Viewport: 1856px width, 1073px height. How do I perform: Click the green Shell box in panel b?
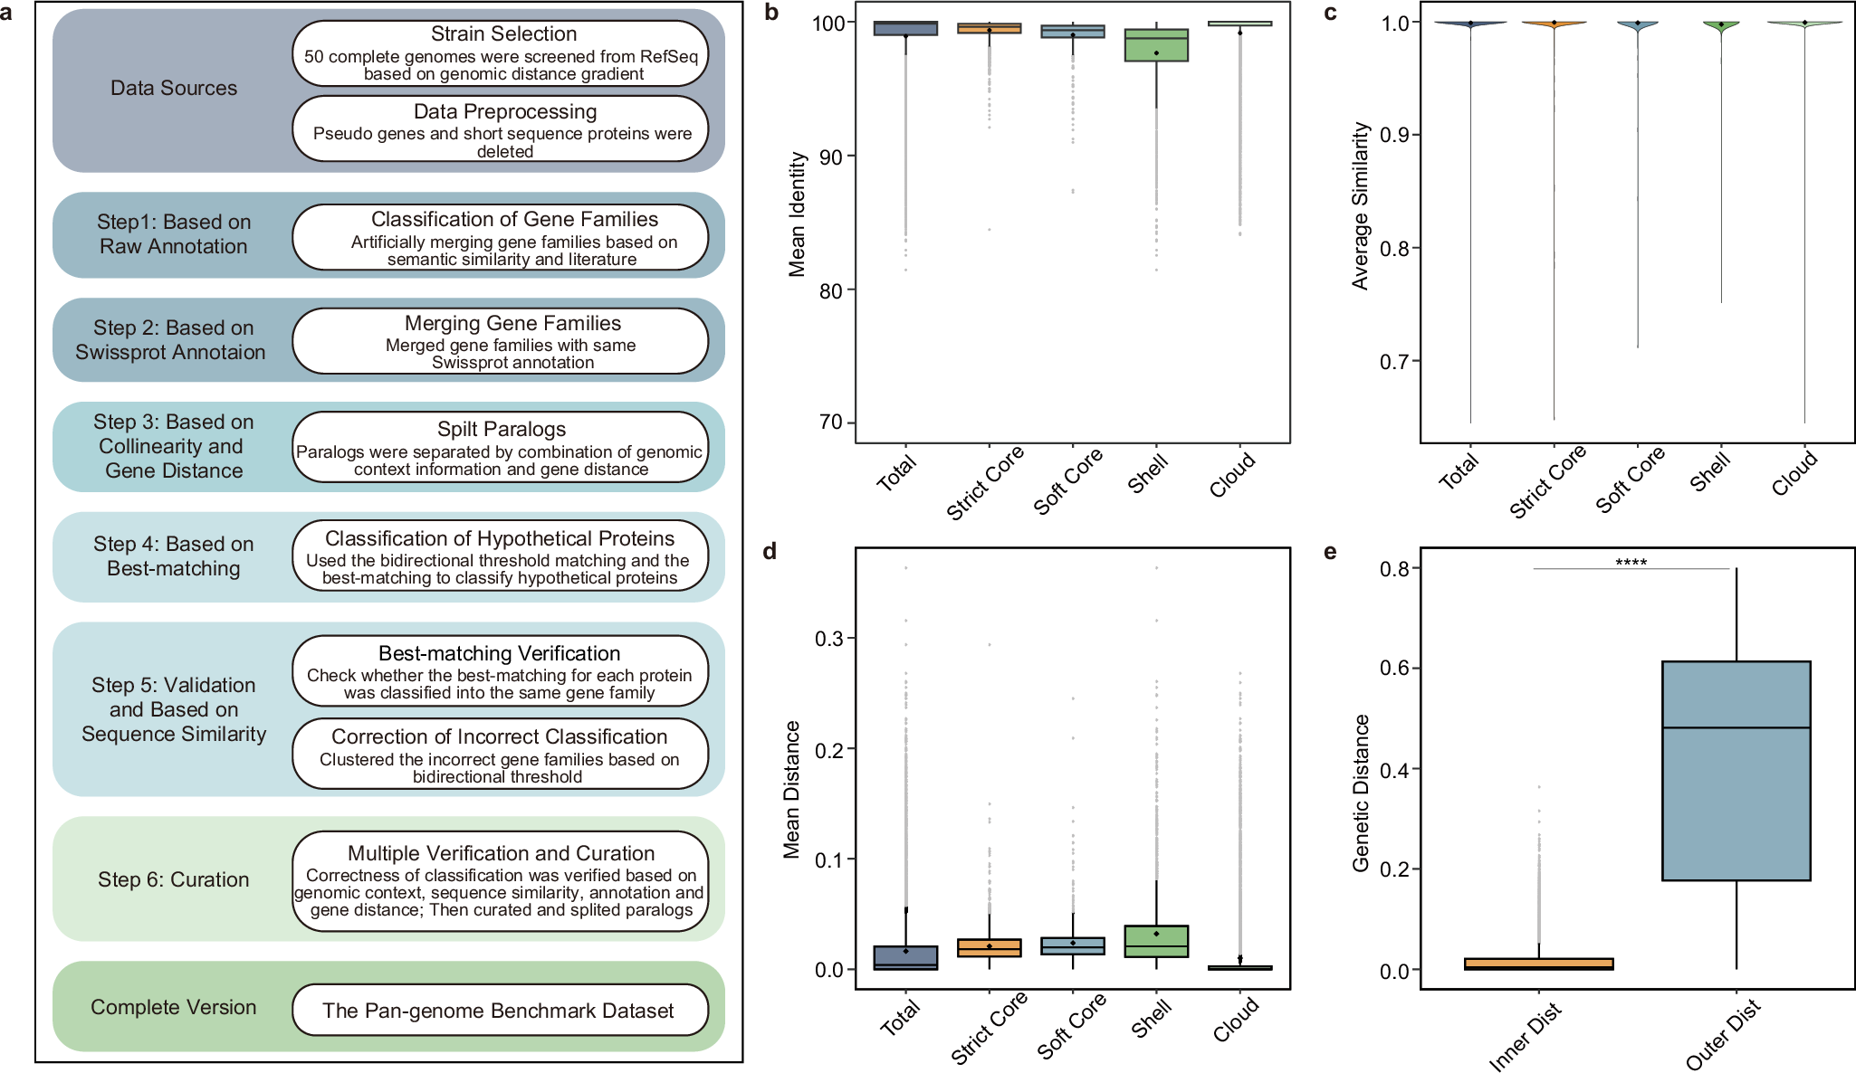point(1156,45)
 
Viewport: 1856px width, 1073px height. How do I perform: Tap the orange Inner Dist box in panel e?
point(1538,964)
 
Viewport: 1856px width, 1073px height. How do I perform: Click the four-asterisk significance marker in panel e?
point(1631,563)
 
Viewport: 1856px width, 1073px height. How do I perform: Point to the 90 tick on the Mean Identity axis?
point(830,157)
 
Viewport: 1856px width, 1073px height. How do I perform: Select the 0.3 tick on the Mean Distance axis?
point(828,639)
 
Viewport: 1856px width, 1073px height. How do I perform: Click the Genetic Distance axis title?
point(1360,793)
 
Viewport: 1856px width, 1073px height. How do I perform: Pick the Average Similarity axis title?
point(1360,206)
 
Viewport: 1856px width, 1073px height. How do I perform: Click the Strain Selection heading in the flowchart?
point(503,34)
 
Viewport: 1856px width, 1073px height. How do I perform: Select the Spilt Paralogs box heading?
point(502,429)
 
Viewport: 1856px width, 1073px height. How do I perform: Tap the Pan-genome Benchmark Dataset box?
point(499,1011)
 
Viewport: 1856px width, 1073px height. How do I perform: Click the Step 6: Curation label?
point(173,879)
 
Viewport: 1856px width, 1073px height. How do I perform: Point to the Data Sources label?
point(173,88)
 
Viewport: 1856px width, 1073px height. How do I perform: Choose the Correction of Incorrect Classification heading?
point(499,736)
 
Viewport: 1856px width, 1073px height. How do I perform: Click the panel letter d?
point(770,552)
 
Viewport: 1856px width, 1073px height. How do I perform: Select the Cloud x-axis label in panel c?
point(1794,474)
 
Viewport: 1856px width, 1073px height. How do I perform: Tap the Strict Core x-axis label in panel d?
point(988,1027)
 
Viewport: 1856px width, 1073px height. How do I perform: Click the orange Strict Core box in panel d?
point(990,947)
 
